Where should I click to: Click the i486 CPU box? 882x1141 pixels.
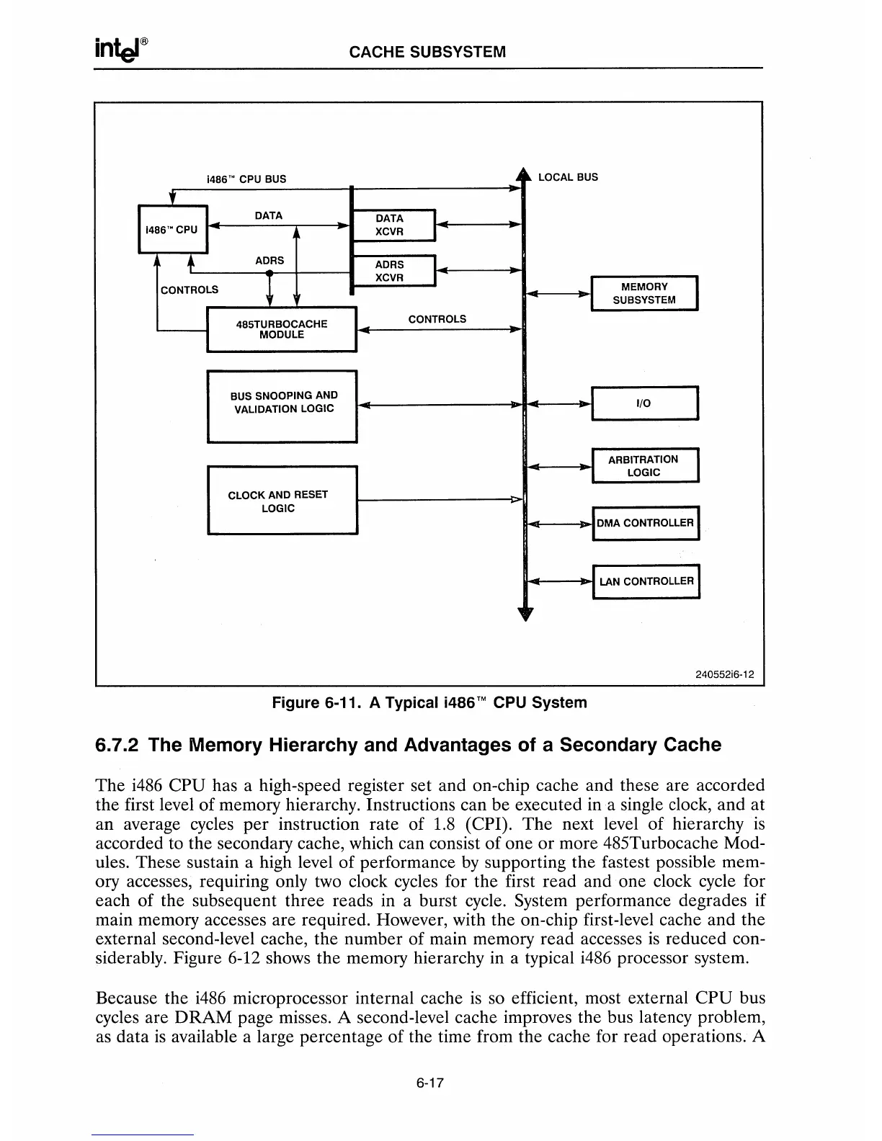(172, 230)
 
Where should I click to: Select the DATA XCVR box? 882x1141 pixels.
(392, 225)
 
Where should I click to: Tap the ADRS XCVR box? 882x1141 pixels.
(392, 271)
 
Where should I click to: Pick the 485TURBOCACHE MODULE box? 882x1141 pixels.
(282, 329)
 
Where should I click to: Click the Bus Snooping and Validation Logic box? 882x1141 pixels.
(282, 405)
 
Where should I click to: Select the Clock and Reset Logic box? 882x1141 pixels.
(282, 501)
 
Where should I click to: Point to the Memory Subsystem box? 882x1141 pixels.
(644, 293)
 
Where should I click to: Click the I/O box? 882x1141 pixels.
(644, 403)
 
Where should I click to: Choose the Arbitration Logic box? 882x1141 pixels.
(644, 465)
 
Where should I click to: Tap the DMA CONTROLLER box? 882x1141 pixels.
(645, 523)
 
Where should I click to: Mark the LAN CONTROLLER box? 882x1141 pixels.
(645, 581)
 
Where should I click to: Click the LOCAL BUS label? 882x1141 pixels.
(568, 177)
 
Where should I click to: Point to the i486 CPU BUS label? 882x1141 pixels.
(246, 179)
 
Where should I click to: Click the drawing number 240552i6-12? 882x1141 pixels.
(724, 675)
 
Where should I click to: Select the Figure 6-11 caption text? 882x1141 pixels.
(429, 702)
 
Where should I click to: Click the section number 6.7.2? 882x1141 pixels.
(119, 745)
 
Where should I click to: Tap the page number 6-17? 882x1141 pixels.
(428, 1082)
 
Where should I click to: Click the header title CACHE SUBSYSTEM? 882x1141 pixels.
(427, 52)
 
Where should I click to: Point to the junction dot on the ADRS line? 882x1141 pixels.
(269, 273)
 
